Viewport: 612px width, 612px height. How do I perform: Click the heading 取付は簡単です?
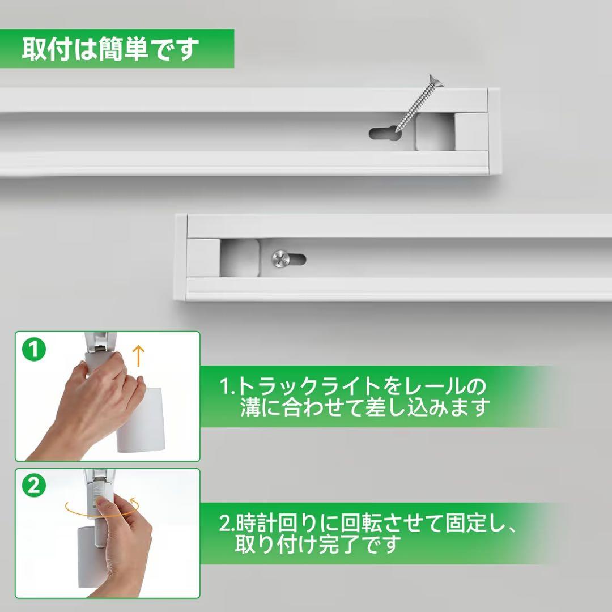click(x=110, y=49)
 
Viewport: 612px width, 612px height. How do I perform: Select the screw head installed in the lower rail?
click(x=280, y=259)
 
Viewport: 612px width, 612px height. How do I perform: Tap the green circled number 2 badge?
click(x=34, y=486)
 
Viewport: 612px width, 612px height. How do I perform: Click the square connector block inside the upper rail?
click(x=435, y=132)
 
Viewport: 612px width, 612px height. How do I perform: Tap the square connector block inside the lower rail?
click(x=240, y=258)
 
